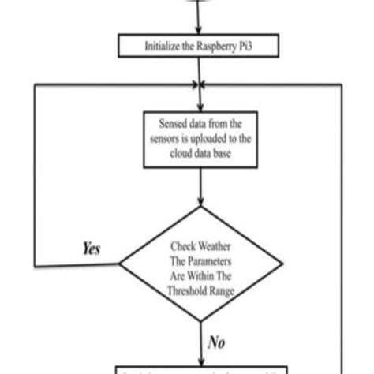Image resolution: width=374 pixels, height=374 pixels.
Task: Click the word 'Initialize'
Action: click(x=163, y=46)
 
